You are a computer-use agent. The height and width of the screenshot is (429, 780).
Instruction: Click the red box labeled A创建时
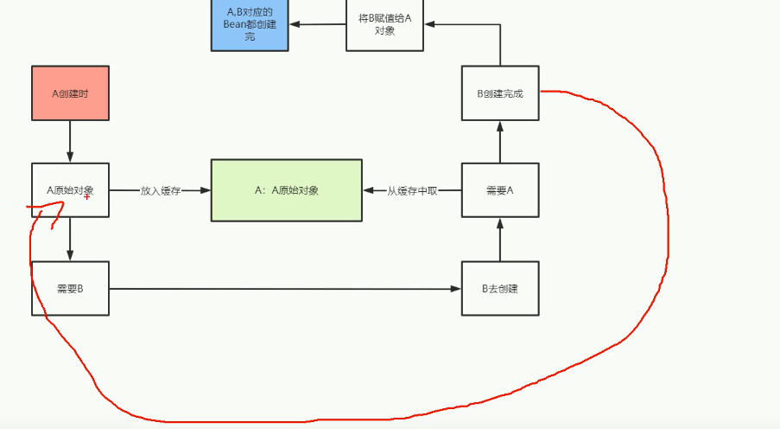[x=70, y=93]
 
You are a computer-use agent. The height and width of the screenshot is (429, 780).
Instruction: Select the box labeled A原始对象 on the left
[x=70, y=189]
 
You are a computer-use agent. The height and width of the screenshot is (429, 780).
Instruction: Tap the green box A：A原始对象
[x=287, y=190]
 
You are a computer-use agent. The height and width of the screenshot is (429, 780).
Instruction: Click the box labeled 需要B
[x=70, y=288]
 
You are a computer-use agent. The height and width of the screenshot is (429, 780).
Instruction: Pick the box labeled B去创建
[x=500, y=288]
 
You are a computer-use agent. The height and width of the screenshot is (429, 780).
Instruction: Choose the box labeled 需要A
[x=500, y=190]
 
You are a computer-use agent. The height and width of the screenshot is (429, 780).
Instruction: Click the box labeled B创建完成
[x=500, y=93]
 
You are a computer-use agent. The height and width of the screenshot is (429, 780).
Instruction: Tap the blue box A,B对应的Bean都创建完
[x=250, y=24]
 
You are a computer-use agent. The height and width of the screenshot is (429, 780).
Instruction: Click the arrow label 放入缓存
[x=160, y=190]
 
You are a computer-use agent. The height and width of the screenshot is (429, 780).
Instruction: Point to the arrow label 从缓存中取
[x=412, y=190]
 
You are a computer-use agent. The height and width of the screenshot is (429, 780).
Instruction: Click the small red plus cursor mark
[x=87, y=197]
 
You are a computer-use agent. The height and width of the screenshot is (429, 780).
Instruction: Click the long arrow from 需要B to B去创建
[x=285, y=289]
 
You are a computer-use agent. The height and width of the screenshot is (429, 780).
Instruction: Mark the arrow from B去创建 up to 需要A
[x=500, y=240]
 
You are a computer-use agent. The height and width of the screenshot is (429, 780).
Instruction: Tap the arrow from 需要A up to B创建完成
[x=500, y=142]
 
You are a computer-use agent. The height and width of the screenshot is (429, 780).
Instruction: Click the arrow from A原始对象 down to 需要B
[x=70, y=239]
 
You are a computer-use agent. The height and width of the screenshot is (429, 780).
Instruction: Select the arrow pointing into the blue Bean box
[x=317, y=24]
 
